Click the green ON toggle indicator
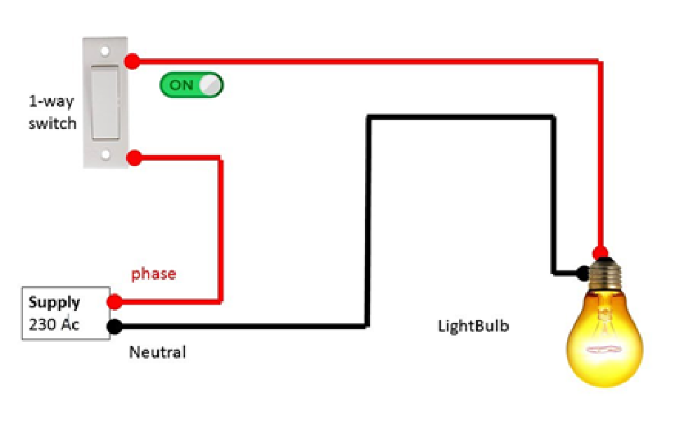pyautogui.click(x=191, y=85)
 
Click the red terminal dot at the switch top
pyautogui.click(x=135, y=60)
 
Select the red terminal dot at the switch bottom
pyautogui.click(x=134, y=158)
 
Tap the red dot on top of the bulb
pyautogui.click(x=600, y=253)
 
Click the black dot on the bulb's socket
pyautogui.click(x=582, y=271)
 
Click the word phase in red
pyautogui.click(x=153, y=274)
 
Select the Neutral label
pyautogui.click(x=158, y=352)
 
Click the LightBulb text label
pyautogui.click(x=473, y=326)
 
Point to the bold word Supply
pyautogui.click(x=55, y=303)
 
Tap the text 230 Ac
pyautogui.click(x=53, y=325)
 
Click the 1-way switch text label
pyautogui.click(x=52, y=112)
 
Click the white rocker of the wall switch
pyautogui.click(x=105, y=103)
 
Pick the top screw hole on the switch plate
pyautogui.click(x=105, y=51)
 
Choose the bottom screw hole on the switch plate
pyautogui.click(x=105, y=154)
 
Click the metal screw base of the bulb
pyautogui.click(x=603, y=275)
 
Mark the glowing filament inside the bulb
pyautogui.click(x=604, y=348)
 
